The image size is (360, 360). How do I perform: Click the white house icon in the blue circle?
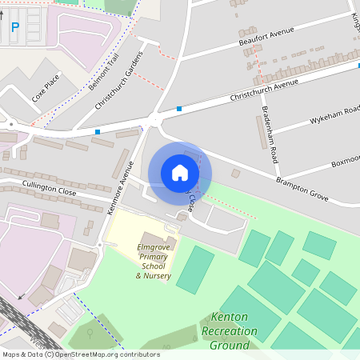[x=180, y=173]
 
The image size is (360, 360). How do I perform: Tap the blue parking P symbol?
[x=15, y=28]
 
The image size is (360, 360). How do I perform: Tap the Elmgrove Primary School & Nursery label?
[x=153, y=261]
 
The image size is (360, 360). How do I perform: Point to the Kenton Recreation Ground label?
[x=230, y=330]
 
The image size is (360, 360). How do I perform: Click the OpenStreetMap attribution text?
[x=80, y=354]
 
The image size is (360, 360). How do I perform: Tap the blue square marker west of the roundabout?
[x=98, y=131]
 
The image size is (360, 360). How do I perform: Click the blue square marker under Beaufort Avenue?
[x=179, y=109]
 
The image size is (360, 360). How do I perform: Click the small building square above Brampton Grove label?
[x=235, y=173]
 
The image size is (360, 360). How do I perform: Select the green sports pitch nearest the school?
[x=195, y=270]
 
